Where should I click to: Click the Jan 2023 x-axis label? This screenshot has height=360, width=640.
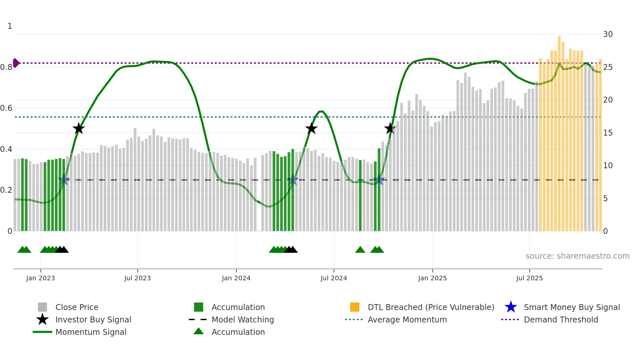pos(40,278)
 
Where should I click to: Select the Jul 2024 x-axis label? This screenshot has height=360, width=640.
pos(334,278)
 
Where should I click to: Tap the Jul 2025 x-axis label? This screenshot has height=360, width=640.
pos(529,278)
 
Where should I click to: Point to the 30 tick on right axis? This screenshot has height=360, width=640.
pos(608,34)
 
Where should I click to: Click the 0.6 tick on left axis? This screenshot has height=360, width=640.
pos(6,108)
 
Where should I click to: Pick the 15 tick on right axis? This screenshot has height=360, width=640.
pos(608,133)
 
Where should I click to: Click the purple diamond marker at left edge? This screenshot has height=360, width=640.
pos(16,63)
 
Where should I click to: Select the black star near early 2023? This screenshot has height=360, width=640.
pos(79,129)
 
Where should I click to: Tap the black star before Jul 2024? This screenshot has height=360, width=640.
pos(312,129)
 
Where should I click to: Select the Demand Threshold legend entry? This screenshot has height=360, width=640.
pos(561,320)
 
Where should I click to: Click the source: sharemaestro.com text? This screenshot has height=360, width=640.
pos(577,256)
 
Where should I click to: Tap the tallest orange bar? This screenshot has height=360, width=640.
pos(559,131)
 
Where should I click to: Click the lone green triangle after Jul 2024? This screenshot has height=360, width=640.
pos(360,250)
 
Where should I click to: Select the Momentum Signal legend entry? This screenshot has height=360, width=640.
pos(91,332)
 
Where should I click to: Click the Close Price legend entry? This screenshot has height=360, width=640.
pos(77,307)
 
